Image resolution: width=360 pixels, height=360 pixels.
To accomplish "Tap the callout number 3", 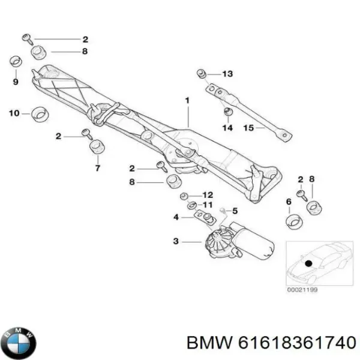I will [x=176, y=242].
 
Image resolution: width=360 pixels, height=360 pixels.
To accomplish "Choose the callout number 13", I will [x=227, y=74].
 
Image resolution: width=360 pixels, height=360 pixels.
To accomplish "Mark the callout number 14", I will [x=227, y=127].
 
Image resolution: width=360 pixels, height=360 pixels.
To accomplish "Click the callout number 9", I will [x=16, y=81].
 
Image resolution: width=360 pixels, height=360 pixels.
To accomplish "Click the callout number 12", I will [x=208, y=194].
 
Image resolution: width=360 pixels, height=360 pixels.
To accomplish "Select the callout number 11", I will [x=208, y=205].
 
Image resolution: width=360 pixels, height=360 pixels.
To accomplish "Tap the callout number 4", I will [x=176, y=217].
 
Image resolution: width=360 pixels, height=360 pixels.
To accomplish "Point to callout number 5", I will [x=235, y=210].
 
